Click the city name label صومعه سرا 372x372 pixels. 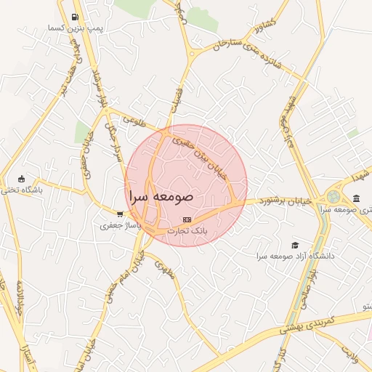[x=161, y=196]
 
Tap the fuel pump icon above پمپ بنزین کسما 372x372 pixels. [x=76, y=17]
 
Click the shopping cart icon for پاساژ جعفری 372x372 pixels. [x=120, y=214]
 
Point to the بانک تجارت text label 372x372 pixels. [x=187, y=230]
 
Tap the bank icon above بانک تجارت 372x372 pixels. [x=187, y=219]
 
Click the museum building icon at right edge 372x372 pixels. [x=356, y=198]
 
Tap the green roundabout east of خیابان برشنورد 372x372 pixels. [x=333, y=196]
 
